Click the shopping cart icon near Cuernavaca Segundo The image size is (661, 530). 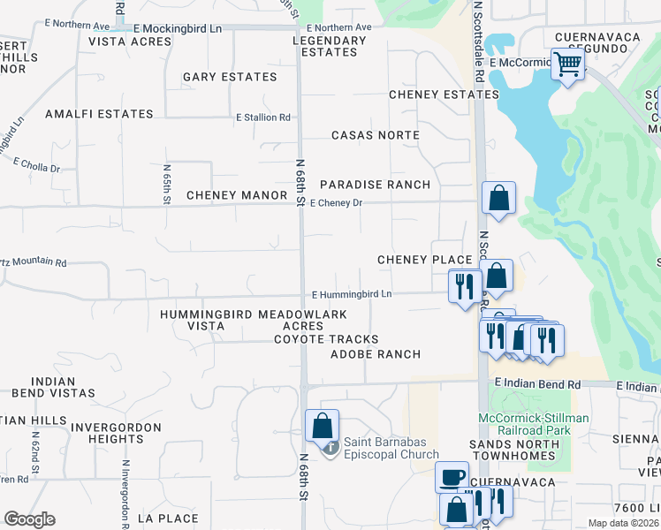(x=566, y=64)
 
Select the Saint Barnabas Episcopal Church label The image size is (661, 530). (x=391, y=449)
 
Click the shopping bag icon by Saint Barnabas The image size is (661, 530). (x=323, y=425)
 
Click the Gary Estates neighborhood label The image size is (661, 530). (x=230, y=78)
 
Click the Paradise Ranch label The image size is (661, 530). (x=375, y=185)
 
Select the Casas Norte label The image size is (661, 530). (x=375, y=135)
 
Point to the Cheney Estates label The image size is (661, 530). (x=444, y=95)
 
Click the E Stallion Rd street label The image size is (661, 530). (x=262, y=117)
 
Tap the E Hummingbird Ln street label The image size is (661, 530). (x=351, y=293)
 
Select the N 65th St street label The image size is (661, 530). (x=166, y=183)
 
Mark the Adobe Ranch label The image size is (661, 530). (x=375, y=354)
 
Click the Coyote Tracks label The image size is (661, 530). (x=326, y=339)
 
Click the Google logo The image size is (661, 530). (x=29, y=520)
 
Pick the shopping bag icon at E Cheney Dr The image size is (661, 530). (x=498, y=198)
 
